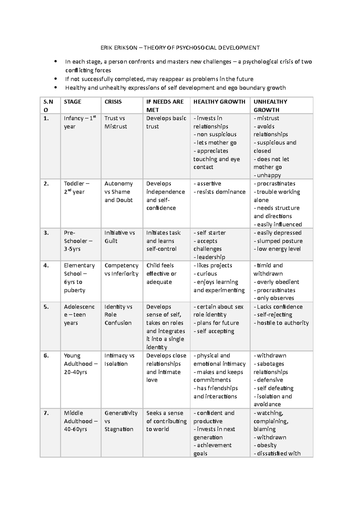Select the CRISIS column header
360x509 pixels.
pos(113,102)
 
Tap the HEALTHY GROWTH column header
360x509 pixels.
pos(219,102)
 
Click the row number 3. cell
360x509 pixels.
pos(46,233)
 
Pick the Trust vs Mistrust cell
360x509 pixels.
pos(115,122)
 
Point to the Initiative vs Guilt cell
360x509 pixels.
pos(119,237)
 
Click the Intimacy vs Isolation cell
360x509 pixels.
pos(119,359)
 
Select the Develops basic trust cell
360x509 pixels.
pos(166,122)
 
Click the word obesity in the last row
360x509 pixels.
pos(267,445)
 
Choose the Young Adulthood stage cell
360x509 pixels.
pos(80,364)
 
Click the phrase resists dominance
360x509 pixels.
pos(221,192)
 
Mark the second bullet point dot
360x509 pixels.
pos(55,79)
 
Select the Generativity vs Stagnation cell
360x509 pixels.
pos(121,421)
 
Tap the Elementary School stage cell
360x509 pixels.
pos(79,278)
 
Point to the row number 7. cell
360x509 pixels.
pos(46,413)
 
